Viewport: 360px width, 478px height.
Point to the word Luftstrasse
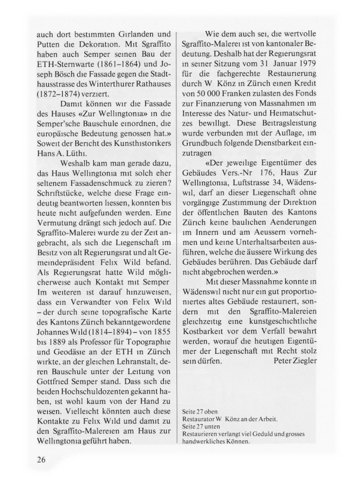pos(267,183)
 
